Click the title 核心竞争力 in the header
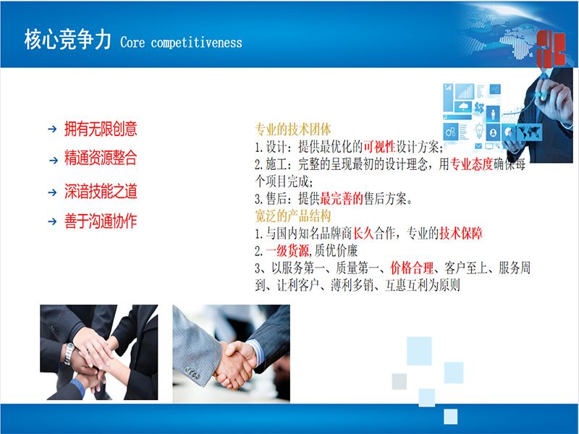coord(67,40)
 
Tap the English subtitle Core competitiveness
coord(182,43)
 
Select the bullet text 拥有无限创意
coord(101,129)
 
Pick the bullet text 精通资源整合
coord(101,158)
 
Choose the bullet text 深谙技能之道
coord(101,191)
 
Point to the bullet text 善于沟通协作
coord(101,221)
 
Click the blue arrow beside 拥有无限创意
coord(52,129)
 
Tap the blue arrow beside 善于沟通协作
coord(52,221)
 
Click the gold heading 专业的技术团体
coord(293,129)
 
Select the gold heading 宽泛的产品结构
coord(293,216)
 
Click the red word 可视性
coord(379,147)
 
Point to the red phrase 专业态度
coord(472,164)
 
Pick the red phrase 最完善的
coord(342,199)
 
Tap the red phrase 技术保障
coord(461,233)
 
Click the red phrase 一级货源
coord(287,251)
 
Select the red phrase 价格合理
coord(412,268)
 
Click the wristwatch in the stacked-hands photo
coord(69,354)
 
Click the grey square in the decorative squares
coord(400,381)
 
